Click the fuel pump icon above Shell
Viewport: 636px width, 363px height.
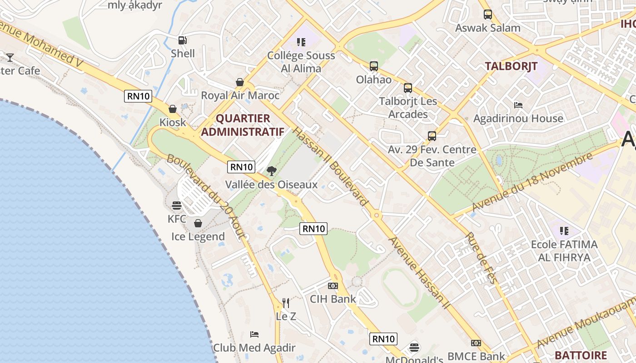[182, 40]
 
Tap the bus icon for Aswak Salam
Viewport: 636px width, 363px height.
[488, 15]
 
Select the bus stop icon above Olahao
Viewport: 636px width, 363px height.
[373, 66]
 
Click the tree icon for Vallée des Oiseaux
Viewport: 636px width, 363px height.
[272, 171]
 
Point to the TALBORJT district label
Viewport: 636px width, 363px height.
[511, 66]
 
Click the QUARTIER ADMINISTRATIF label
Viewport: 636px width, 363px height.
[243, 125]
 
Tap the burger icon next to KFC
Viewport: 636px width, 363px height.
[177, 206]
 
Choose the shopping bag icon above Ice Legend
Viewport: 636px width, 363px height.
[198, 223]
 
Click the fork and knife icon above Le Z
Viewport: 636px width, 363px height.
[286, 303]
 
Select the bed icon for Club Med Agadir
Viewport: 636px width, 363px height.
[254, 334]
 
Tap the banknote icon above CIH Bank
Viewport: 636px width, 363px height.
[333, 286]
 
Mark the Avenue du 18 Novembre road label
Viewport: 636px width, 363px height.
[532, 182]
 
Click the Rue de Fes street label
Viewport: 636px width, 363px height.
[482, 258]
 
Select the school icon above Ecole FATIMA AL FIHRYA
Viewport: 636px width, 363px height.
[564, 231]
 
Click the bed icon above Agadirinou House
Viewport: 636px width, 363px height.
[518, 105]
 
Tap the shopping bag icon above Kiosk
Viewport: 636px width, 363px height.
[173, 109]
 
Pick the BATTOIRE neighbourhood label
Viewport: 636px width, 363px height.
[581, 355]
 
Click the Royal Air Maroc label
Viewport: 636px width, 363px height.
[240, 96]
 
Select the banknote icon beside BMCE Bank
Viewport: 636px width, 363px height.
[476, 343]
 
